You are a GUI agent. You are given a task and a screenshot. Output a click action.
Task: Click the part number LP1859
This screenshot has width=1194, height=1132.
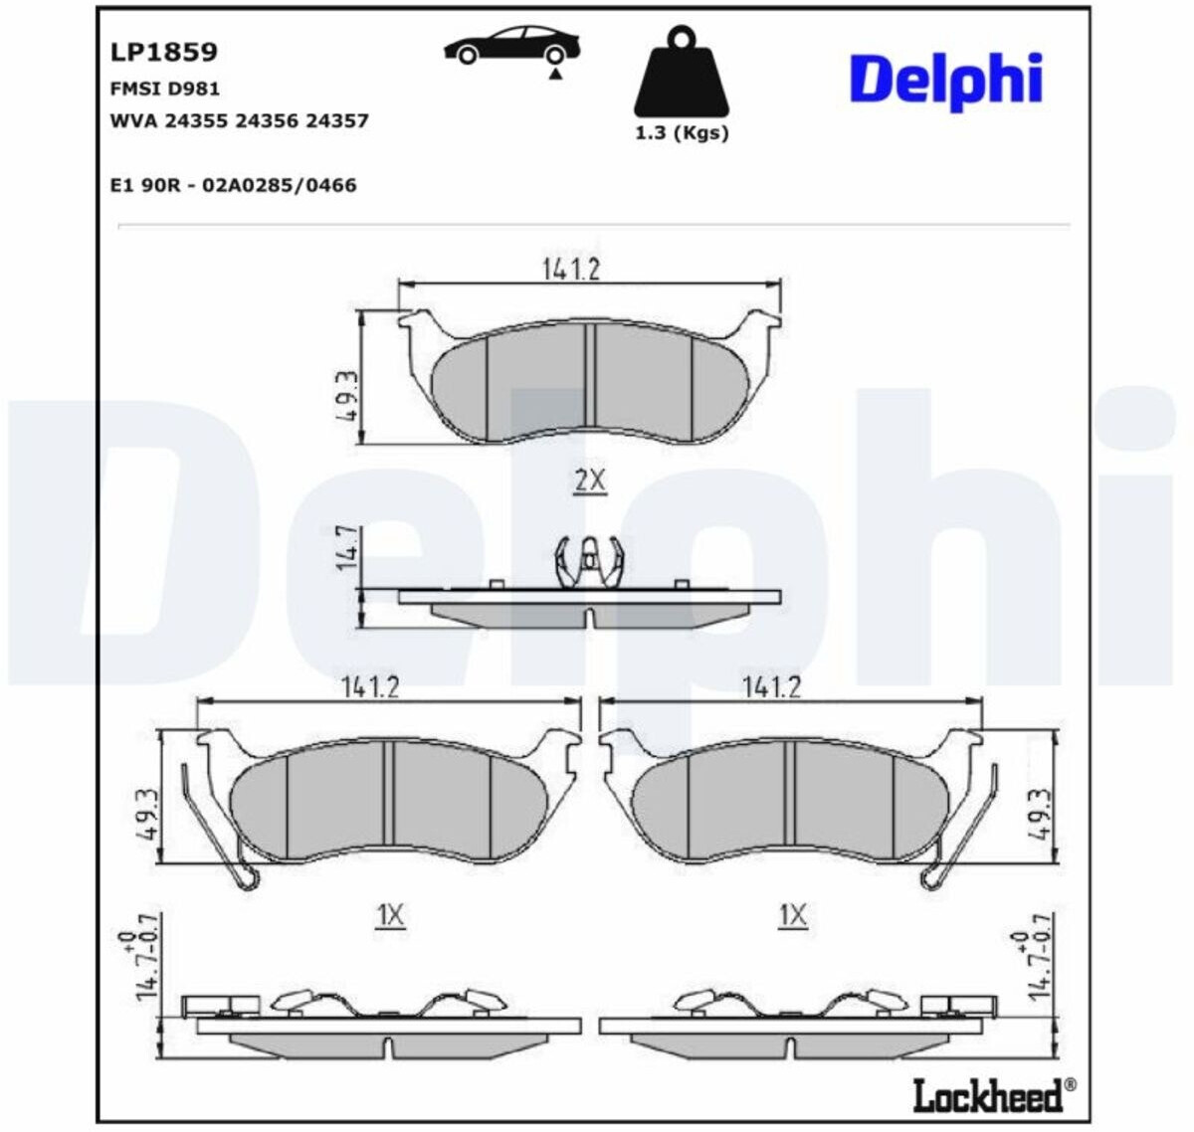point(163,52)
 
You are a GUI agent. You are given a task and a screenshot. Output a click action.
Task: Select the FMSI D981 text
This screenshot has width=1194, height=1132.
point(164,89)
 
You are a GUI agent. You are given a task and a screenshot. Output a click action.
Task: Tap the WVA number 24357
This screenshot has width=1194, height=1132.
point(337,120)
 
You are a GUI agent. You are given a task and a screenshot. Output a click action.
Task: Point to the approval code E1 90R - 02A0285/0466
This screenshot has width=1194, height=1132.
point(233,185)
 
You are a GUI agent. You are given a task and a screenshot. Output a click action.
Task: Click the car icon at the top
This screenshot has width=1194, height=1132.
point(512,45)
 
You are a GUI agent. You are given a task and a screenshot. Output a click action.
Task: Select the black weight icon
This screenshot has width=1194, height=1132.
point(682,72)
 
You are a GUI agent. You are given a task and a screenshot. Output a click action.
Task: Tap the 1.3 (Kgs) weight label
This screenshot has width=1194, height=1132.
point(682,133)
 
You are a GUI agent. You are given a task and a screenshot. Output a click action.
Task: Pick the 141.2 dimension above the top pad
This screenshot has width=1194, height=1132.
point(571,269)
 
